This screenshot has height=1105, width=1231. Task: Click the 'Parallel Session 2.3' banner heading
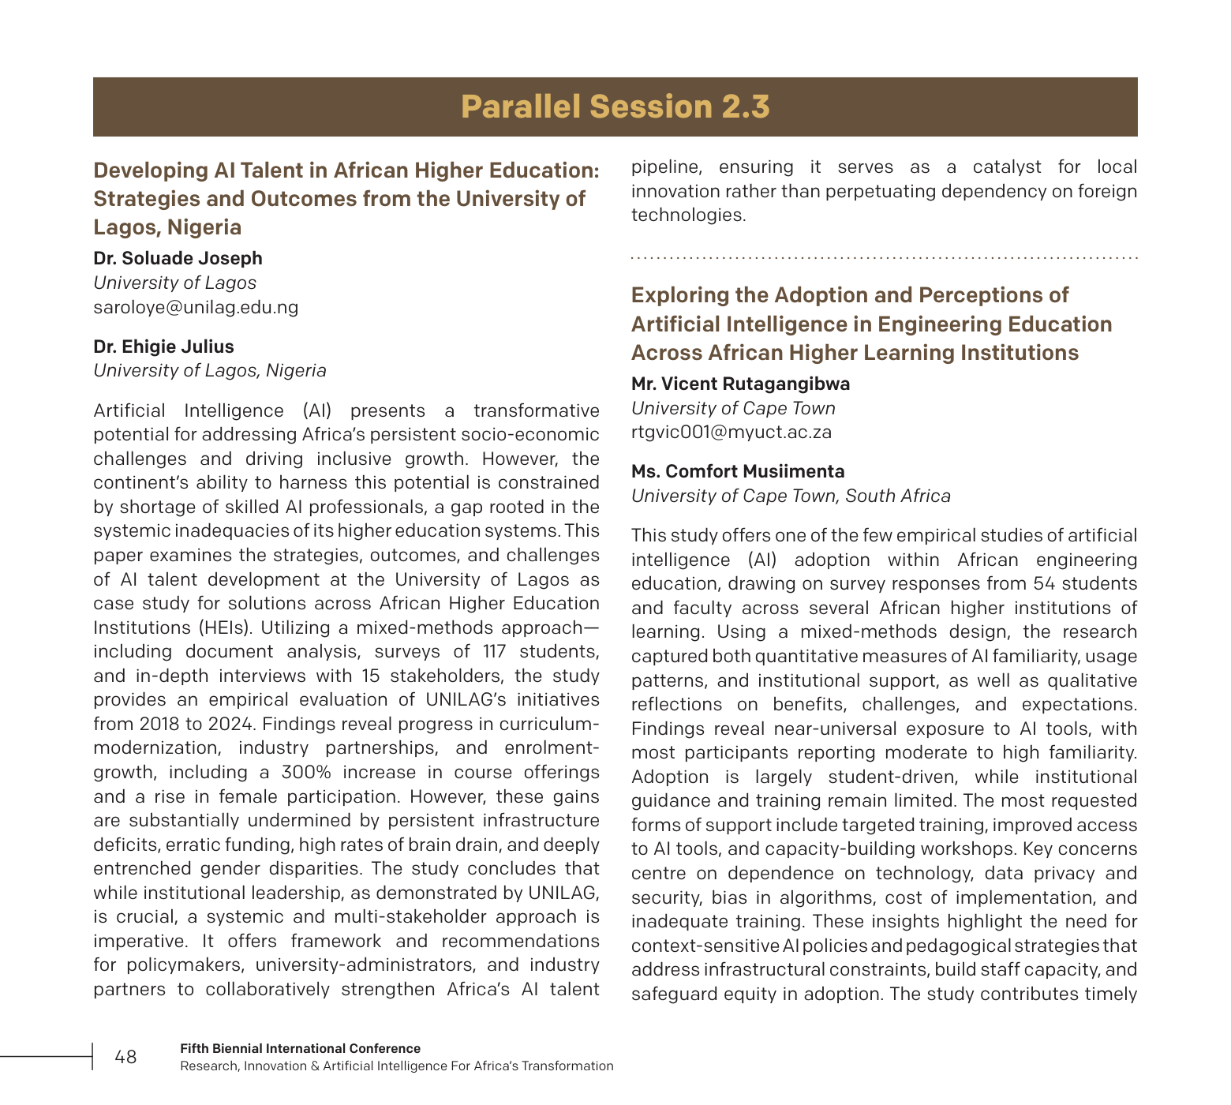point(615,107)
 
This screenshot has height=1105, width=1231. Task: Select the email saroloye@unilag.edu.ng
point(196,307)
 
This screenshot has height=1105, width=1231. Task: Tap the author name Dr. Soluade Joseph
point(178,258)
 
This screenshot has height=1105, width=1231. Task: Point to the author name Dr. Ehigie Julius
point(163,346)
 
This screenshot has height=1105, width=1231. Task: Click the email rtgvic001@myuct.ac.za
point(731,432)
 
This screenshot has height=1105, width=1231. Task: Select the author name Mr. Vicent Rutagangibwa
point(740,384)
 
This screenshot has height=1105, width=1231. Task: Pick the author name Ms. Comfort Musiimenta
point(737,471)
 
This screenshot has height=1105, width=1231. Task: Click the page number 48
point(125,1057)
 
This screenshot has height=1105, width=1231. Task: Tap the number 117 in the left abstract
point(496,651)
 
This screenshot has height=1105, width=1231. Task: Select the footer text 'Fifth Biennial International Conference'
point(300,1048)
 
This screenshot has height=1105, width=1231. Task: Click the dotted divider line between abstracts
point(884,258)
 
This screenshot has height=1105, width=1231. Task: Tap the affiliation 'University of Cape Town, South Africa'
point(791,496)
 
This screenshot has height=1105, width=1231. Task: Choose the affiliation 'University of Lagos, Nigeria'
point(209,370)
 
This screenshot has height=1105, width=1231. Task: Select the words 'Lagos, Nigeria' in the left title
point(167,227)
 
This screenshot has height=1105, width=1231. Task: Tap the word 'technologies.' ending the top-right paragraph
point(688,215)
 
